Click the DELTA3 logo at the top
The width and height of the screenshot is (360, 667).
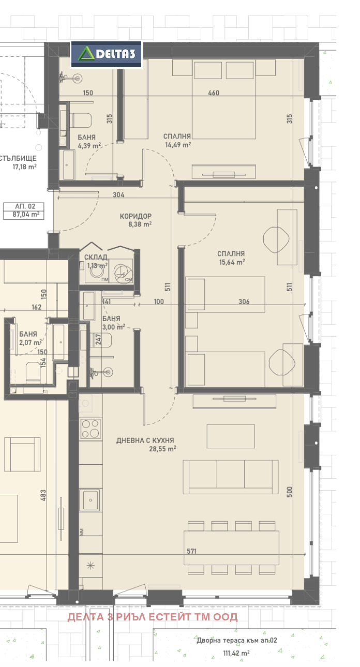click(107, 54)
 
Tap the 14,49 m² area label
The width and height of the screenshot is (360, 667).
click(178, 145)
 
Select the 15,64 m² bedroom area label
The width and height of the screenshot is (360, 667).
click(232, 262)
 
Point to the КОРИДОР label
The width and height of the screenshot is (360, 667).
click(136, 216)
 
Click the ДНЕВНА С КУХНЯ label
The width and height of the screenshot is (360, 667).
click(145, 440)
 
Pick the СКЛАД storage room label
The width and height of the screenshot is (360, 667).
click(96, 257)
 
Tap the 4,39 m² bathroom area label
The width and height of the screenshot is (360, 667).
click(89, 146)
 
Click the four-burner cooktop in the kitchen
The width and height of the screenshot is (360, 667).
click(91, 429)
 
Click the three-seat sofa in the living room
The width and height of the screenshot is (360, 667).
click(231, 477)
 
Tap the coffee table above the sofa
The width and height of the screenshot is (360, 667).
click(231, 436)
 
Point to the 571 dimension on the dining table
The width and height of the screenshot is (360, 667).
click(191, 551)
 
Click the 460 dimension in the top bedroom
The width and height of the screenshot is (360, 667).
click(214, 93)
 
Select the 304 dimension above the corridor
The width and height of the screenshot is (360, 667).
click(118, 195)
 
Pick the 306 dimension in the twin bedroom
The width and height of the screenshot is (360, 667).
click(244, 301)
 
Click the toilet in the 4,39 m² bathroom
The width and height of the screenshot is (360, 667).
click(81, 120)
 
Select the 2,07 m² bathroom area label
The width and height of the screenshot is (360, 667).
click(30, 342)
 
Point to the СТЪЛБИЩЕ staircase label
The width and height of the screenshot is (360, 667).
click(18, 158)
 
